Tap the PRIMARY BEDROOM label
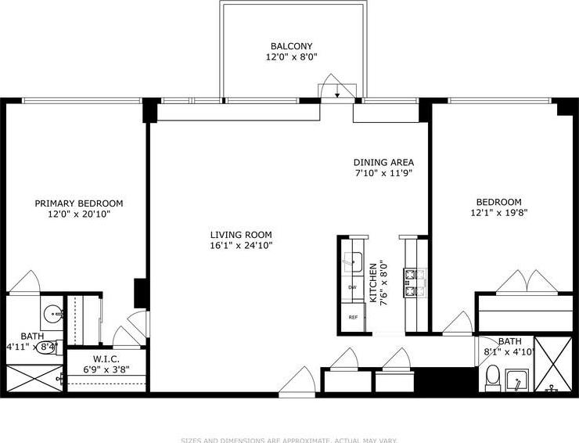point(78,203)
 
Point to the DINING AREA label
point(383,163)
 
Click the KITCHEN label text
point(374,283)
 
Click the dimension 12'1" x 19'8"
point(496,212)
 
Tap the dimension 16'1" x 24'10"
point(240,246)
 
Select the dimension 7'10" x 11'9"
point(383,173)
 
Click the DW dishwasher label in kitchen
point(353,288)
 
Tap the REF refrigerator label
point(353,317)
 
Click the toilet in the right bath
point(492,380)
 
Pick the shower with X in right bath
point(556,363)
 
